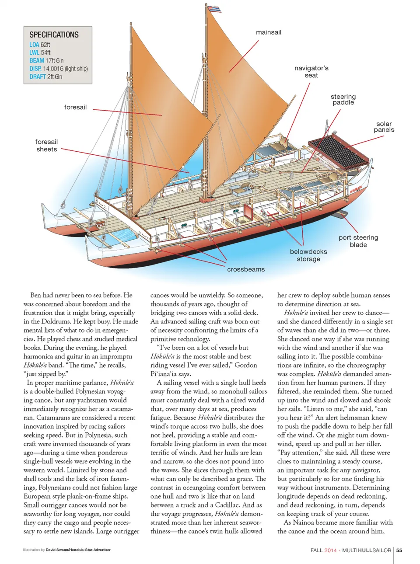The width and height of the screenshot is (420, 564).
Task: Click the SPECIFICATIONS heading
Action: point(54,35)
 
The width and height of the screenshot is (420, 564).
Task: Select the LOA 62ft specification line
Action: point(40,45)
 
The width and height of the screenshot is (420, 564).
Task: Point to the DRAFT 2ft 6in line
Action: point(46,77)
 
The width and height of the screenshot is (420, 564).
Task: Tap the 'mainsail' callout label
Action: point(269,32)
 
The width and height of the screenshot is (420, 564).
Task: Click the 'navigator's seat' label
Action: point(311,72)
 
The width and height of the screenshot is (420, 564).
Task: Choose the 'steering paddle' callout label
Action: point(343,99)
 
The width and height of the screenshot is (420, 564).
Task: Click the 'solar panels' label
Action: point(384,127)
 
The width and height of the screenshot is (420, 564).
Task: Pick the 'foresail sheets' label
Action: point(46,146)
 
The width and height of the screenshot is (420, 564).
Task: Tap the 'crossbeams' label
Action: point(246,269)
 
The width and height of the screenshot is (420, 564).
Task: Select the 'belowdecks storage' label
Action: point(308,255)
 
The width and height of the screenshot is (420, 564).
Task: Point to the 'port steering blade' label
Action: point(358,241)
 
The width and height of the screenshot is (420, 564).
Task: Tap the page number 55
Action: point(399,550)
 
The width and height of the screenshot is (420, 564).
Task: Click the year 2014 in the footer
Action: point(330,550)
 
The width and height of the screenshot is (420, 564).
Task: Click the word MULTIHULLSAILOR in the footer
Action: point(367,550)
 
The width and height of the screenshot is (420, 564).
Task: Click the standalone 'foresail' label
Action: point(75,107)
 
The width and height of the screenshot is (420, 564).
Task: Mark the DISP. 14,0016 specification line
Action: point(59,69)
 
